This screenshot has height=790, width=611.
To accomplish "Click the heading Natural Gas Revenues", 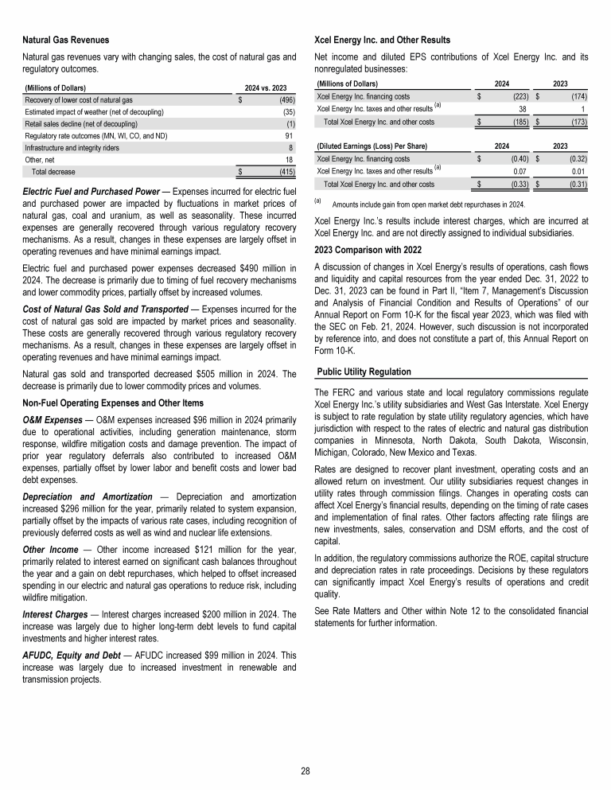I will (x=66, y=40).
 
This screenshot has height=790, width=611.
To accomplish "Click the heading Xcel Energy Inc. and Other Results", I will (x=383, y=40).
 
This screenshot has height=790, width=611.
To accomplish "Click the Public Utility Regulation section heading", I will (x=364, y=372).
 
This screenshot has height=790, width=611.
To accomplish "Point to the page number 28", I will (x=305, y=770).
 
